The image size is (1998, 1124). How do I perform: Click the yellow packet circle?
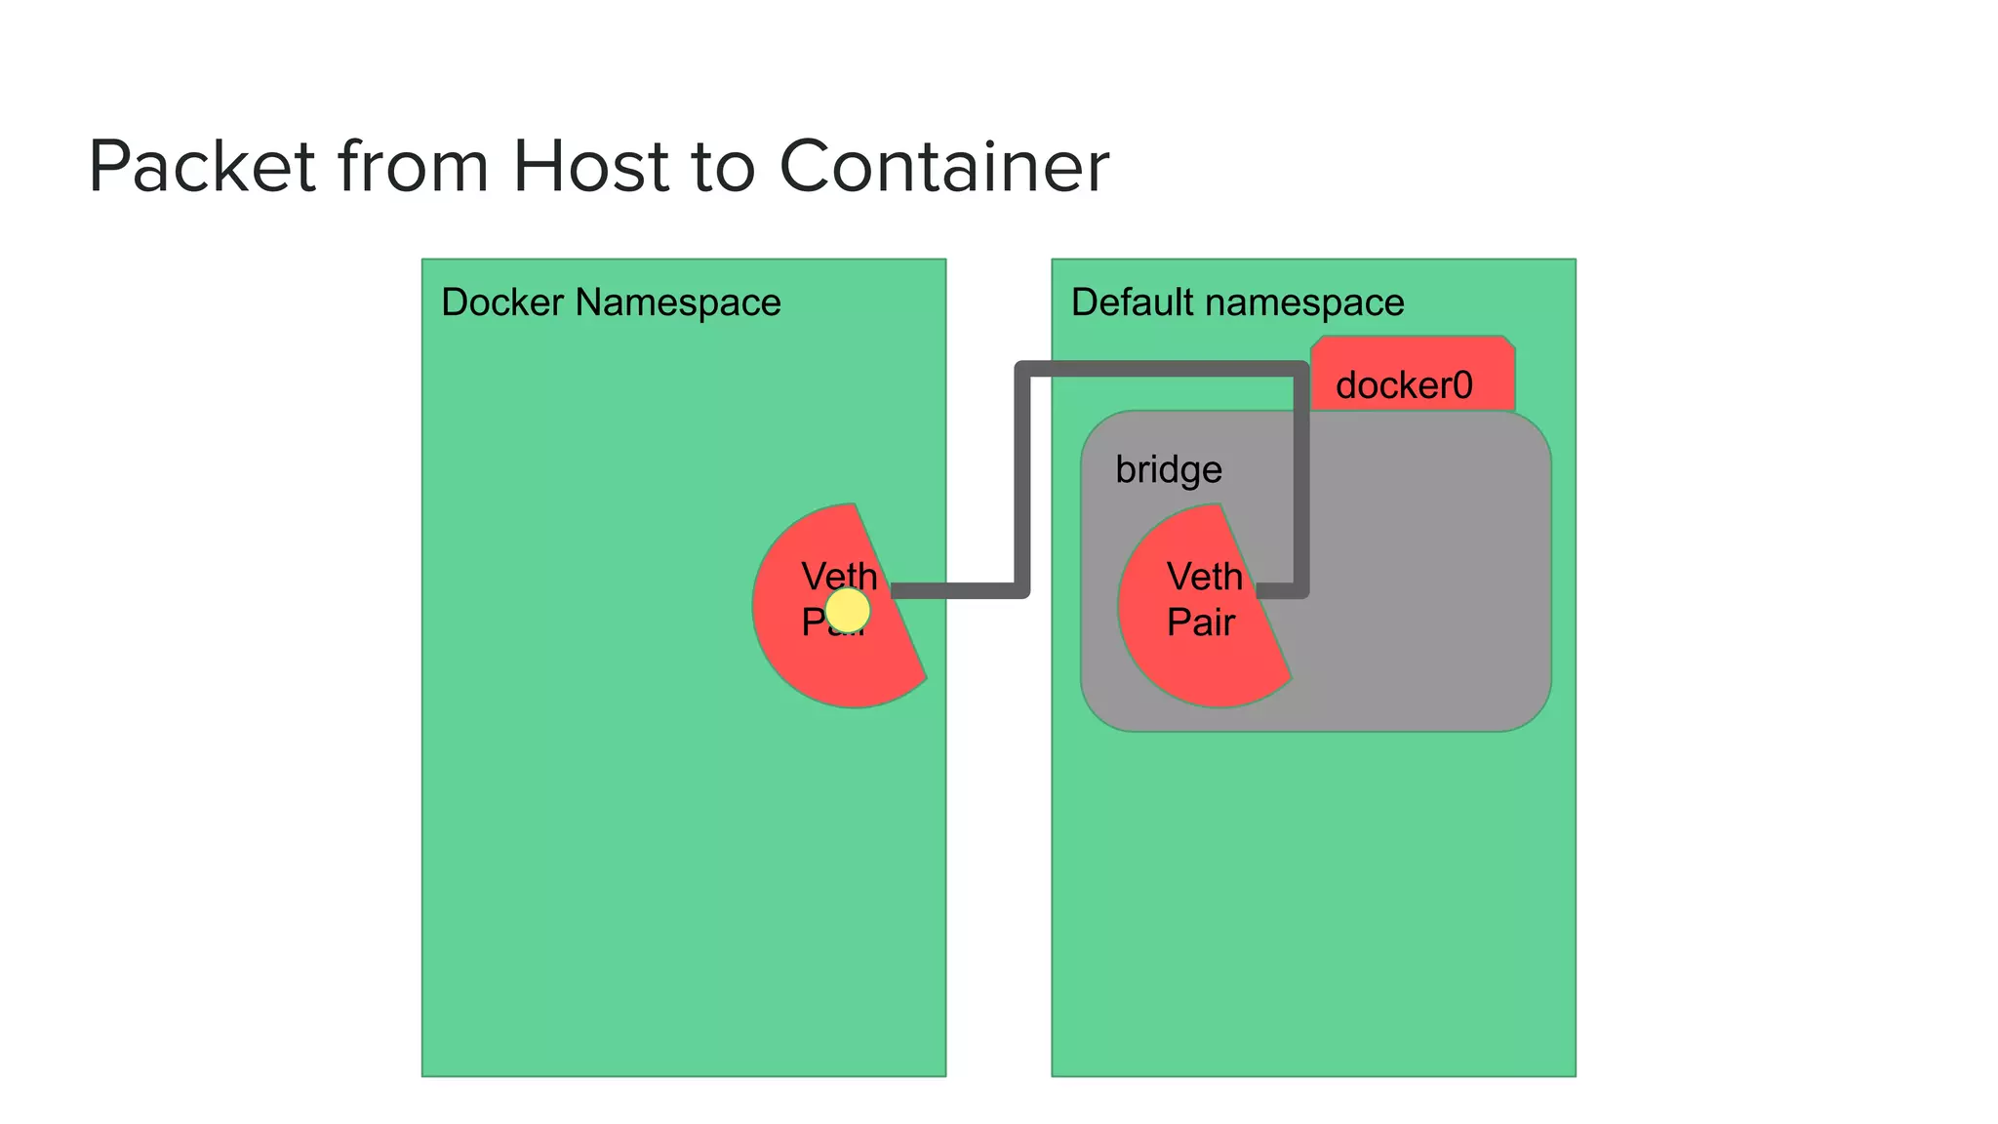point(847,611)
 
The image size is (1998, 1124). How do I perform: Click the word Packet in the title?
point(202,167)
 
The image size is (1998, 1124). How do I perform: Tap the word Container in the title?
point(943,167)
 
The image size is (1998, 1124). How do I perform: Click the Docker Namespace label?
point(611,302)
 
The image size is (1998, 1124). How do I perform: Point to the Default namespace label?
point(1237,302)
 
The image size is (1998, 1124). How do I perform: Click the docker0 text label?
point(1404,385)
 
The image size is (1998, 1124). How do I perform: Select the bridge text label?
point(1169,469)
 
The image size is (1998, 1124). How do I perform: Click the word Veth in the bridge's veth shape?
point(1205,577)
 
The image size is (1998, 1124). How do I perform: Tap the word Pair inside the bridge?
point(1201,622)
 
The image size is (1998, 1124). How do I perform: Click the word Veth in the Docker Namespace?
point(839,576)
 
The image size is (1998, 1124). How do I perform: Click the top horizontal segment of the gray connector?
point(1161,369)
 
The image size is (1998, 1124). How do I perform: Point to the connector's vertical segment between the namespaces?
point(1022,478)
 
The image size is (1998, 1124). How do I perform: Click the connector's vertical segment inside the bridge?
point(1301,488)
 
